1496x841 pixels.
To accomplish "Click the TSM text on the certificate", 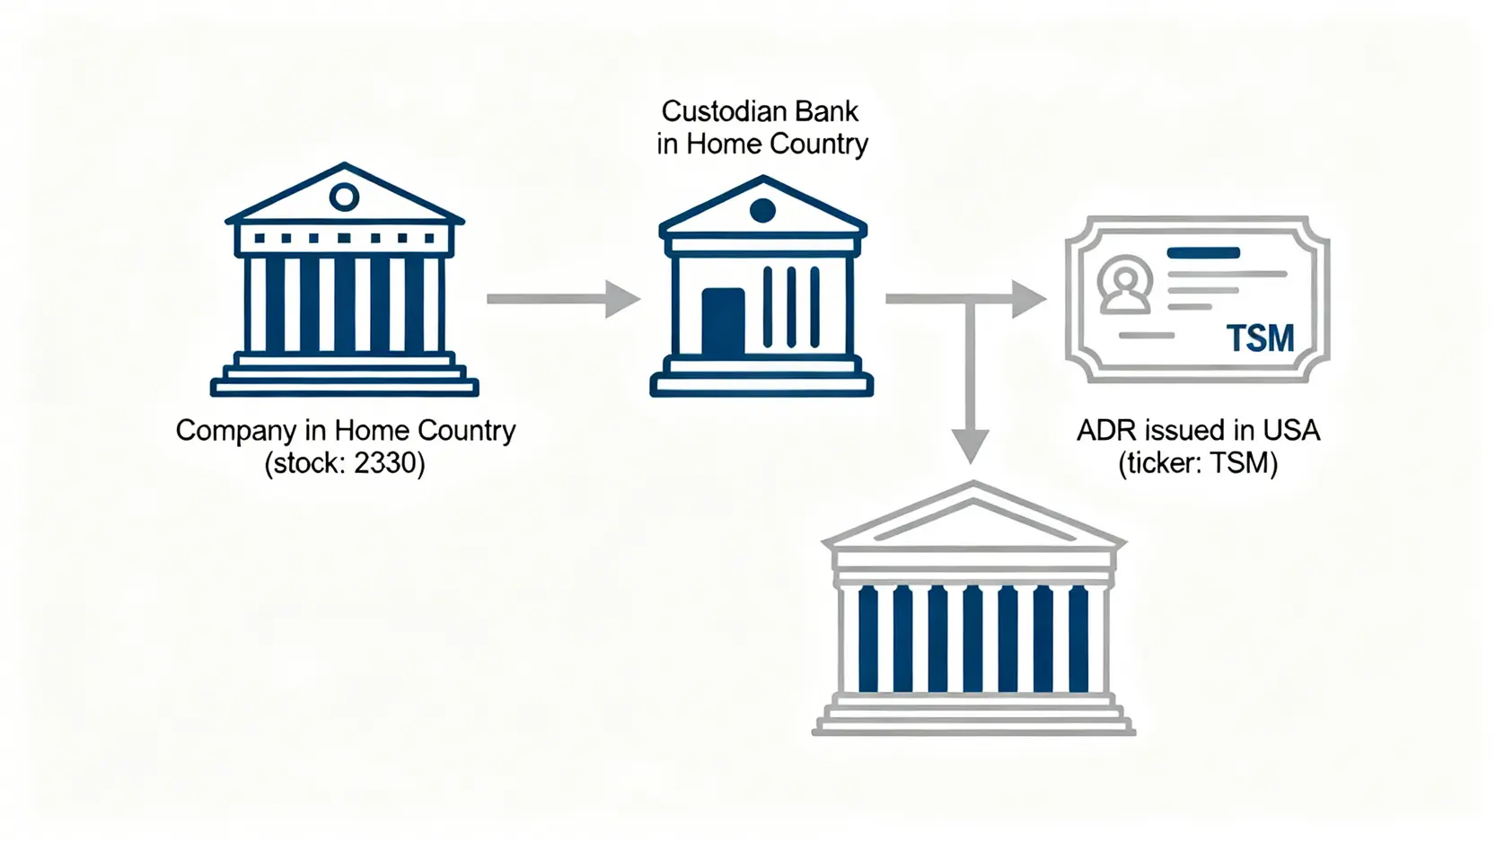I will (x=1260, y=338).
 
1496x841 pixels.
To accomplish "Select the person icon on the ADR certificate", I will (x=1124, y=285).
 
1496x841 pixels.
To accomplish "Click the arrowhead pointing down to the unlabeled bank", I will (x=970, y=445).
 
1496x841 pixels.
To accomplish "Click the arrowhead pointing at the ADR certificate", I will (x=1029, y=299).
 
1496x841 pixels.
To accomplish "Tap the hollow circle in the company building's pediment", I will (x=344, y=197).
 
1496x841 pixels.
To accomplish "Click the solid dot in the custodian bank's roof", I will (x=762, y=211).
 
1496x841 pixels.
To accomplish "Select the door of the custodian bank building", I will (x=723, y=322).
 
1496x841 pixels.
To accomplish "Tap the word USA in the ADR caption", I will (x=1291, y=431).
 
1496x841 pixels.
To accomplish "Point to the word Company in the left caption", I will (x=235, y=431).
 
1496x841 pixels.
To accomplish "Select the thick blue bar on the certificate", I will (x=1203, y=253).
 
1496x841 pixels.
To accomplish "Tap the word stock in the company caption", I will (x=304, y=463).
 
